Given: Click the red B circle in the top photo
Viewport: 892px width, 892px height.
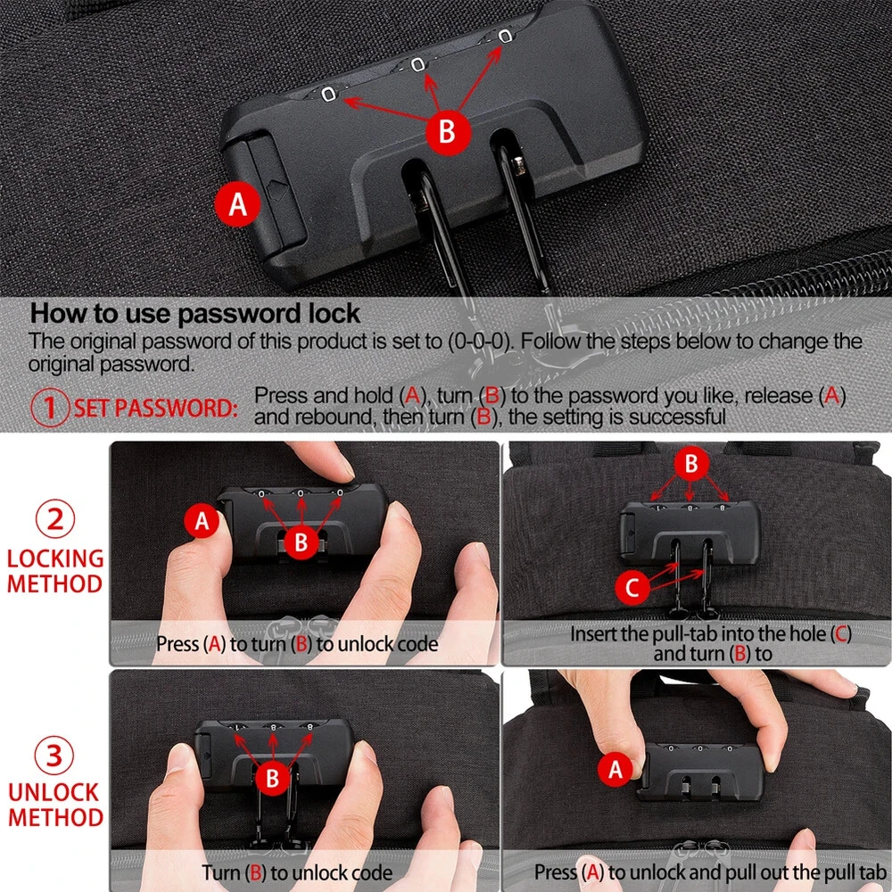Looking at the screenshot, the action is tap(448, 132).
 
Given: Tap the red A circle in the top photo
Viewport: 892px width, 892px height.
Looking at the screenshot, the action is tap(238, 203).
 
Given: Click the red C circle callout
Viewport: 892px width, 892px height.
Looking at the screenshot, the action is tap(632, 587).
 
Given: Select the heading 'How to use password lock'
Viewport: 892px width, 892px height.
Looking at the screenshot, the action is tap(194, 313).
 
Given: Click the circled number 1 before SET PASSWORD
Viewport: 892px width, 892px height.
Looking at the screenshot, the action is tap(50, 407).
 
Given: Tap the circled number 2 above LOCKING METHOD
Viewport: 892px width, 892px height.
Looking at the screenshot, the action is tap(55, 519).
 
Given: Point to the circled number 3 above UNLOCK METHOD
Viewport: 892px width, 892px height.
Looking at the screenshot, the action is tap(54, 756).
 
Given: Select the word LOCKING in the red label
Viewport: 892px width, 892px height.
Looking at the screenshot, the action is tap(55, 558).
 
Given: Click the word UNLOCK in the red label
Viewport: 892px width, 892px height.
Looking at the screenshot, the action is tap(54, 792).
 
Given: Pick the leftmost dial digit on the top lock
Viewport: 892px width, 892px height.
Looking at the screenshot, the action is tap(328, 94).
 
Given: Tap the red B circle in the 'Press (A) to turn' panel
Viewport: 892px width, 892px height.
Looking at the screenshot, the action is tap(301, 541).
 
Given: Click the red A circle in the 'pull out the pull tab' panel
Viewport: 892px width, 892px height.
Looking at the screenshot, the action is tap(615, 769).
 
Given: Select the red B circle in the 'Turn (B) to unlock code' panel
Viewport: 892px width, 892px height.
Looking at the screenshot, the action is tap(272, 778).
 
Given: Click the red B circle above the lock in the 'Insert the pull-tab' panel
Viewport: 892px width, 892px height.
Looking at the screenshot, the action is tap(690, 463).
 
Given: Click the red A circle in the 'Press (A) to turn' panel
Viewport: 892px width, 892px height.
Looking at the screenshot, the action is tap(202, 521).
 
